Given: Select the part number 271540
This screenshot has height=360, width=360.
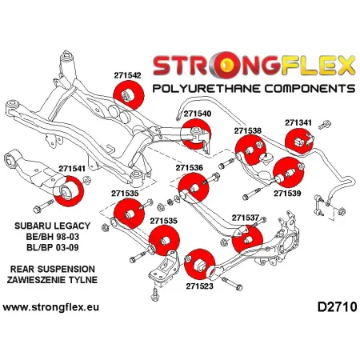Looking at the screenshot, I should (x=198, y=114).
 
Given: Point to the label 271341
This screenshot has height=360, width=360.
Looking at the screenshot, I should (x=298, y=123).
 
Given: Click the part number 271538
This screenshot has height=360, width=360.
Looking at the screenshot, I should (x=248, y=130).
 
